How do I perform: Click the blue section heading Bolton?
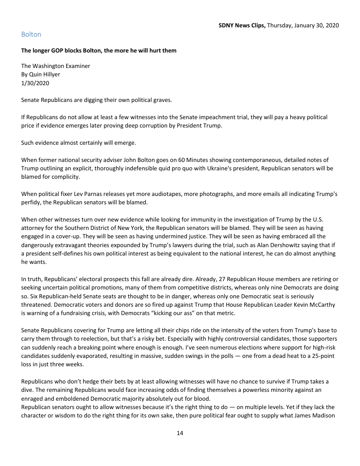(31, 34)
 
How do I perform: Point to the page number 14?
(180, 433)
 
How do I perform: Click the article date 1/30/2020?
(34, 83)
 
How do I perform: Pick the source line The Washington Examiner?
(56, 66)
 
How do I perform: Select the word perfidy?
(30, 203)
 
